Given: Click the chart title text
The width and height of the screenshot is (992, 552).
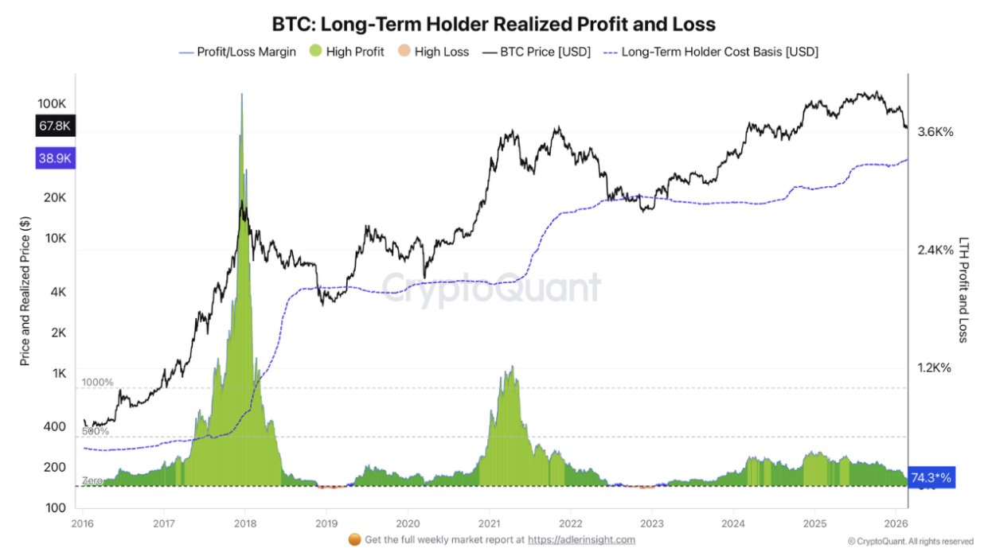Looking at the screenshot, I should click(x=494, y=24).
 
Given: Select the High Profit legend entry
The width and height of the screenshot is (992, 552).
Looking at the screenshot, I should click(x=347, y=52).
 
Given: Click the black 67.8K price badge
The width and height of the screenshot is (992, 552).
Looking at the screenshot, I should click(x=55, y=126).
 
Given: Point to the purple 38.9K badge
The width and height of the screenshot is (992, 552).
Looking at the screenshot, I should click(x=55, y=158).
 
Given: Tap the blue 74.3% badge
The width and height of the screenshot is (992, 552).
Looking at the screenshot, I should click(x=930, y=478).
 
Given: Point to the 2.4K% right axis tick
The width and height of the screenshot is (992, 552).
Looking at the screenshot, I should click(x=935, y=251).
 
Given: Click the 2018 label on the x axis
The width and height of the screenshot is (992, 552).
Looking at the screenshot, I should click(x=244, y=523).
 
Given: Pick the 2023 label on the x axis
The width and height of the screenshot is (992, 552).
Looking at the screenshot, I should click(x=651, y=523).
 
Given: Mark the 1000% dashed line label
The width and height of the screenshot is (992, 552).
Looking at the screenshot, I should click(x=98, y=383).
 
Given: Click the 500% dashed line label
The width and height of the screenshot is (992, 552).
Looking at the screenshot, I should click(x=96, y=432).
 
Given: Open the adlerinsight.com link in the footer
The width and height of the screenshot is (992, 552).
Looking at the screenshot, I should click(x=581, y=539).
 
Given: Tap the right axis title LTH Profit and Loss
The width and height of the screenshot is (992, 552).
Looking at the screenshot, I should click(x=963, y=290).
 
